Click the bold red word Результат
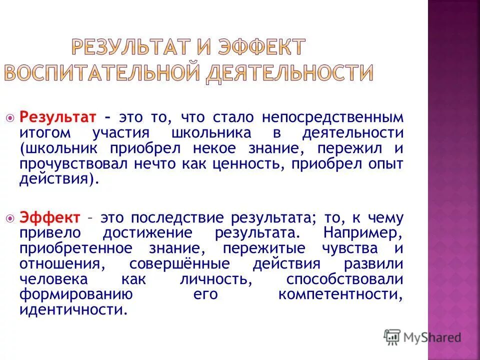57,117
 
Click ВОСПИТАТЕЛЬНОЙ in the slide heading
102,73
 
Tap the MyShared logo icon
392,337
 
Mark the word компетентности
340,294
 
